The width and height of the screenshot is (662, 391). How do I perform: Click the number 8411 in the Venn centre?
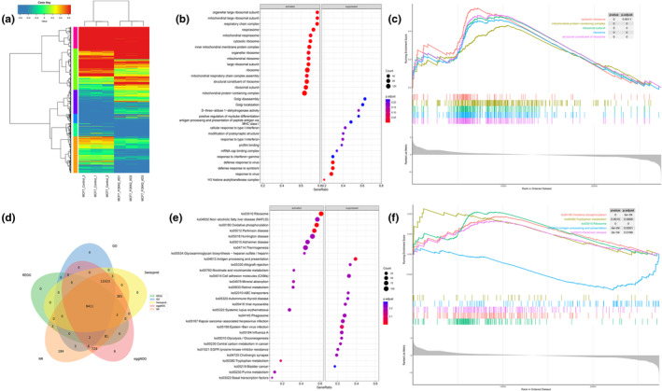pyautogui.click(x=90, y=306)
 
